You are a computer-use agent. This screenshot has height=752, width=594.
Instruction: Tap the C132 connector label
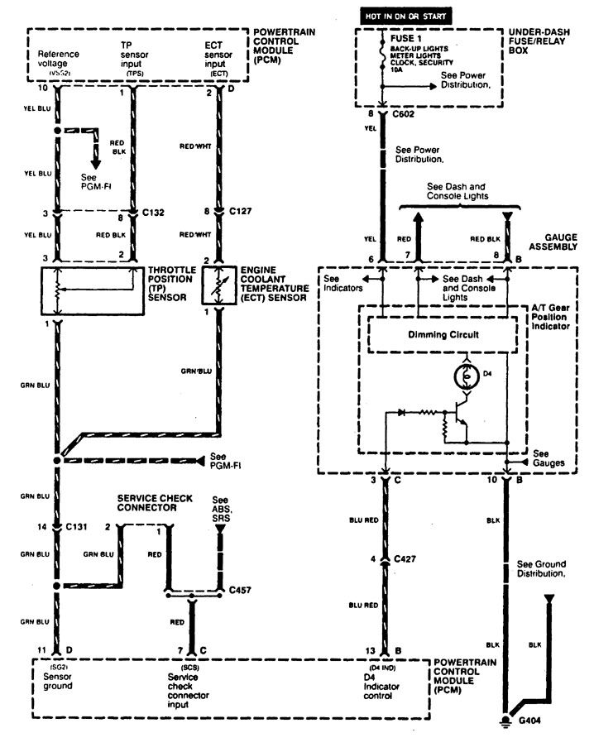pyautogui.click(x=153, y=213)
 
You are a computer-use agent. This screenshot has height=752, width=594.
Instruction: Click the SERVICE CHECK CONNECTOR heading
pyautogui.click(x=155, y=503)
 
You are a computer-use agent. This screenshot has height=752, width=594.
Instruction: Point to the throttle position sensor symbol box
pyautogui.click(x=89, y=290)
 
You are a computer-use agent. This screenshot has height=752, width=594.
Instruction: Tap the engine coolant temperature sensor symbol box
pyautogui.click(x=219, y=290)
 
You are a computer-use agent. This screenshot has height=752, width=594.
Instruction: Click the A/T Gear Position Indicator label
pyautogui.click(x=550, y=317)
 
